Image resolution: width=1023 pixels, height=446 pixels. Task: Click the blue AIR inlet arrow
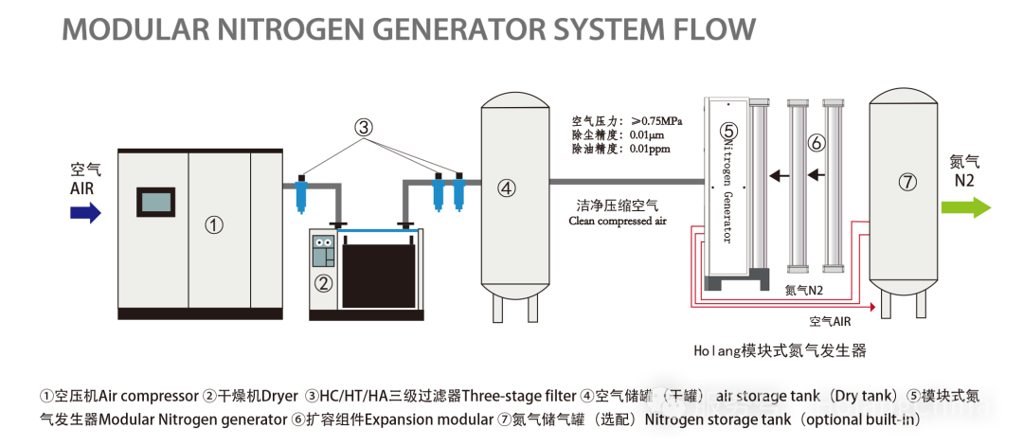[85, 212]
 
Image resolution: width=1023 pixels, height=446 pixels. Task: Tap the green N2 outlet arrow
[966, 207]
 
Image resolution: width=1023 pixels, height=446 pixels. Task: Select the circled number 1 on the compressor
[214, 225]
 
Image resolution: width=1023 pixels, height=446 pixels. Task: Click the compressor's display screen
[156, 202]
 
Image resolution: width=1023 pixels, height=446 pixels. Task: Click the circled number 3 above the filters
[364, 128]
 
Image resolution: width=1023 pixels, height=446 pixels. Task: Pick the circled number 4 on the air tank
[506, 187]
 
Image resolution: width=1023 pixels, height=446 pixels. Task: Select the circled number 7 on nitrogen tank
[907, 183]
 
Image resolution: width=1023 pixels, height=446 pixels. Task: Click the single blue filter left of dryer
[301, 193]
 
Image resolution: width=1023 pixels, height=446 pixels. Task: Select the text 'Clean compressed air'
[618, 221]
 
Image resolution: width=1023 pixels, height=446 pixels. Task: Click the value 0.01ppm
[650, 149]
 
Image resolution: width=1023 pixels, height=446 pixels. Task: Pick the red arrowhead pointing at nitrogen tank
[871, 305]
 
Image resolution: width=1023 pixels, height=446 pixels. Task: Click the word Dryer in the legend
[279, 397]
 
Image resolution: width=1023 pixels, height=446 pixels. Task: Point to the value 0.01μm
[649, 135]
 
